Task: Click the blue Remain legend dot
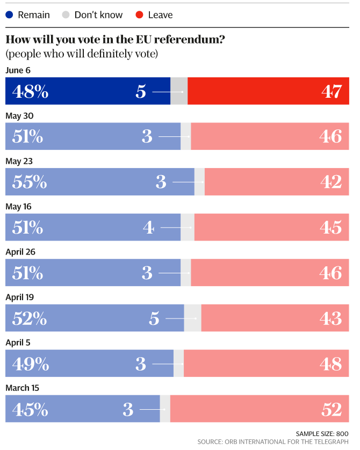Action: point(9,14)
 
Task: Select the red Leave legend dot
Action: point(139,14)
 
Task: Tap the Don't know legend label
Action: point(98,14)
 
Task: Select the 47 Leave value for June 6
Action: point(332,91)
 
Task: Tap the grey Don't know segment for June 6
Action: point(179,91)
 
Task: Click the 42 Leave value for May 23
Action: point(332,182)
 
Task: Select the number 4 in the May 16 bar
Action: point(148,228)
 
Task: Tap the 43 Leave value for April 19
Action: point(332,318)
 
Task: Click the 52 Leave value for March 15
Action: point(332,410)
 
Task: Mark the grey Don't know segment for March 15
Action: point(165,409)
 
